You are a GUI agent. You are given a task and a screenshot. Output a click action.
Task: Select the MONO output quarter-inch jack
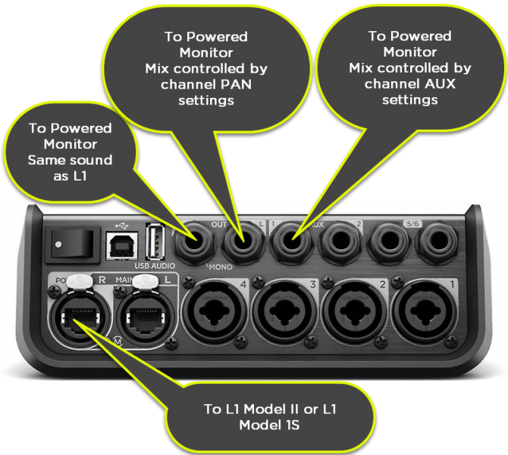(194, 244)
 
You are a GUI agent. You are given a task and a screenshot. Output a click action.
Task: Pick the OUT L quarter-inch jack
(243, 244)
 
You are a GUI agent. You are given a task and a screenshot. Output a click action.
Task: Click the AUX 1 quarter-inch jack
(291, 244)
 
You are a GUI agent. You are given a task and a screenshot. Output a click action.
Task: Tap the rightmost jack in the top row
(437, 244)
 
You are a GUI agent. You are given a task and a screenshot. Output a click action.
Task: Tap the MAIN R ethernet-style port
(76, 312)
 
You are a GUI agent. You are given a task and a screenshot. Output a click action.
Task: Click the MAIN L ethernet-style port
(143, 312)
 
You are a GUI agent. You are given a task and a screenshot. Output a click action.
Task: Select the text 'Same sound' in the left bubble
(70, 160)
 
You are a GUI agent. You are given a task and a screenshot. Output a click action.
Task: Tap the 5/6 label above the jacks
(413, 224)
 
